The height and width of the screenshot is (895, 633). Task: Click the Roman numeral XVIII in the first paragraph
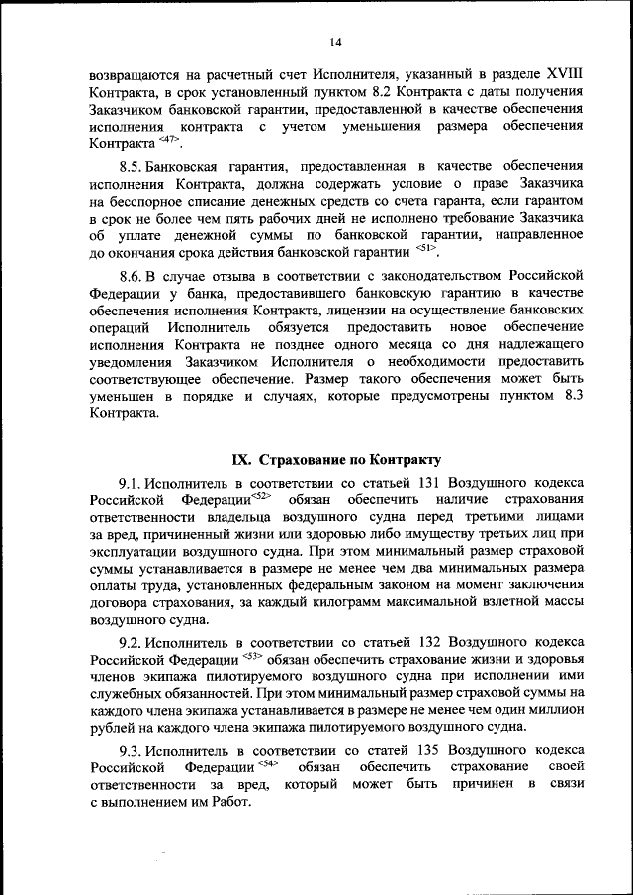click(x=555, y=74)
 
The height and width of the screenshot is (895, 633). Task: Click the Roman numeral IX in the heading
click(x=241, y=460)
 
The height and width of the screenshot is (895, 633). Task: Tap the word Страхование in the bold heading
click(x=303, y=460)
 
